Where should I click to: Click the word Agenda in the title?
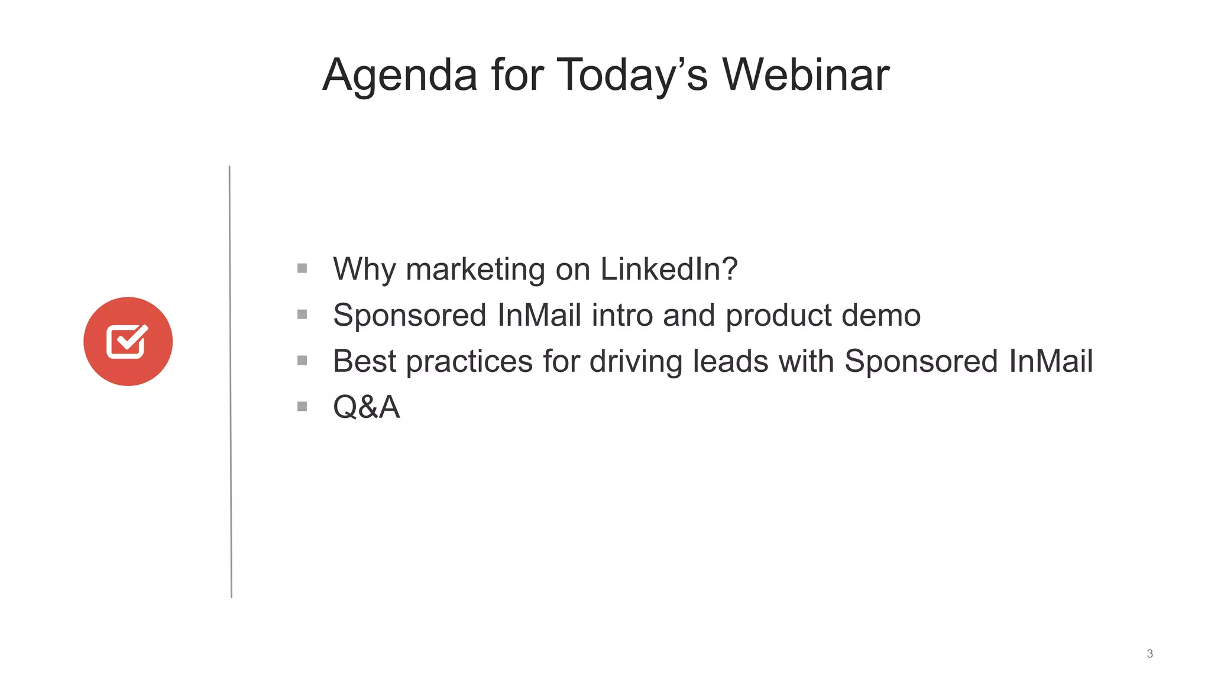[x=400, y=76]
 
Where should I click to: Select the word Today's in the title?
[x=632, y=76]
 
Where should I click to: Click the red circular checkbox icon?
[x=128, y=342]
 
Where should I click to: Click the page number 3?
[x=1150, y=654]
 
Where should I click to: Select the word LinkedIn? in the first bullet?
[x=669, y=269]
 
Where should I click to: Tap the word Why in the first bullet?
[x=364, y=269]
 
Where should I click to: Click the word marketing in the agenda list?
[x=475, y=269]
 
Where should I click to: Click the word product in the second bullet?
[x=778, y=315]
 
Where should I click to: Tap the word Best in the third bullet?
[x=364, y=361]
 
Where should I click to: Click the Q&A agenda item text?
[x=366, y=407]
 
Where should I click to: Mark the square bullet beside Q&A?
[x=302, y=407]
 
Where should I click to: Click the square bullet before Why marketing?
[x=302, y=268]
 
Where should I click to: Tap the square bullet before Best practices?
[x=302, y=361]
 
